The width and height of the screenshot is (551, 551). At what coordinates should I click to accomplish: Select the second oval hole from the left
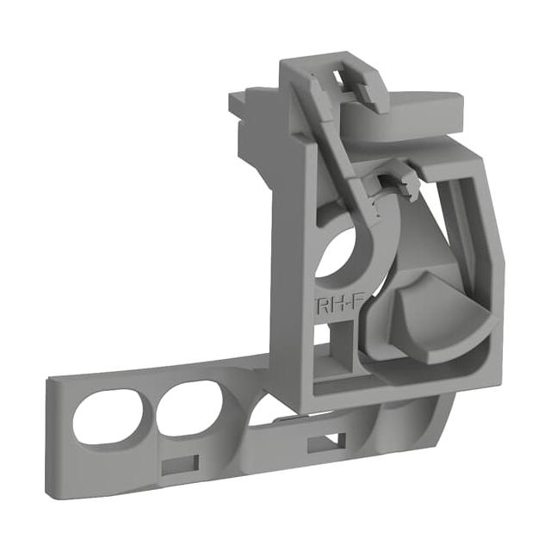(x=192, y=410)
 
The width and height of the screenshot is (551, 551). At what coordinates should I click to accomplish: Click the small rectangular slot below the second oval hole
(x=180, y=463)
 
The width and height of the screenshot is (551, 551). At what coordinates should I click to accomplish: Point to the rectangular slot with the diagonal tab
(x=326, y=442)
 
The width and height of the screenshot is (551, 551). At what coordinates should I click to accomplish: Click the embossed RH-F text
(x=338, y=306)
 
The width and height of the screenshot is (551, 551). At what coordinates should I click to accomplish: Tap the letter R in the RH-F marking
(x=322, y=307)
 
